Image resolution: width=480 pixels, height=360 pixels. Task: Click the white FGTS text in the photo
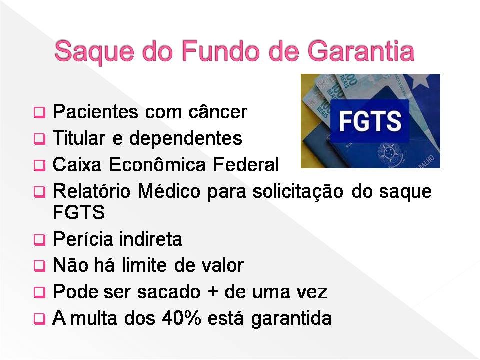point(370,121)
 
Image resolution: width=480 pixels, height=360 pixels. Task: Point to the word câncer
point(217,112)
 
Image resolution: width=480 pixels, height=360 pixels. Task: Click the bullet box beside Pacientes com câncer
point(39,112)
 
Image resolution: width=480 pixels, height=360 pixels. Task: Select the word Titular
point(79,138)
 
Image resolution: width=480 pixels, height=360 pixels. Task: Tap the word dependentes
point(186,138)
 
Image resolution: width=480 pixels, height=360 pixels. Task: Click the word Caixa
point(77,164)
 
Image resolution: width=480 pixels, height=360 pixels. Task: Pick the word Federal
point(246,164)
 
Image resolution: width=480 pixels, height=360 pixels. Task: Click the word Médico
point(169,191)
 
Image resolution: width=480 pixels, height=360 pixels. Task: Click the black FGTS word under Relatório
point(79,212)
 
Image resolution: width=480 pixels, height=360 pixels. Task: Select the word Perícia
point(82,239)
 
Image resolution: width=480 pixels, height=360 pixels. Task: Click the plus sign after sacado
point(213,292)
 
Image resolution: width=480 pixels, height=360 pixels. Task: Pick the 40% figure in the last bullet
point(182,318)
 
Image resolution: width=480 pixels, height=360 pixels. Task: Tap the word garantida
point(291,319)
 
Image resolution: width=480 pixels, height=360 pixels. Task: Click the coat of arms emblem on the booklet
point(389,154)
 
